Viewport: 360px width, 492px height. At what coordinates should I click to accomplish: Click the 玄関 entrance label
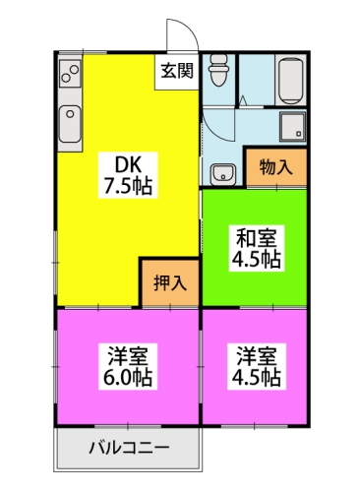click(x=177, y=71)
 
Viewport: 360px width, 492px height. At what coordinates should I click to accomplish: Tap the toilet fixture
click(x=219, y=70)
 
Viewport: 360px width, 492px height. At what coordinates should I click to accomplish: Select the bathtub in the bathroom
click(x=291, y=81)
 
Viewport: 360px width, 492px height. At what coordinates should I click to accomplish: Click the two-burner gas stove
click(x=70, y=74)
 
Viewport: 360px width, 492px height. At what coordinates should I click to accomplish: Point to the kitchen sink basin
click(x=70, y=124)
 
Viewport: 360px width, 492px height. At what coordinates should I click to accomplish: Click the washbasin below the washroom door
click(x=223, y=174)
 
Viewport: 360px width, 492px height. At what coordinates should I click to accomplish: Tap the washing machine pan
click(x=292, y=126)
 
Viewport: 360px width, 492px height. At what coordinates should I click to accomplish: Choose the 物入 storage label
click(x=275, y=167)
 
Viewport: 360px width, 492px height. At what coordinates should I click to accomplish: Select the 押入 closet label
click(x=170, y=283)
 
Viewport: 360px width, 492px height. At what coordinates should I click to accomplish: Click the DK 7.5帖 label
click(x=128, y=175)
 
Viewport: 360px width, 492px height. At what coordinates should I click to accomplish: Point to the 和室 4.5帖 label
click(x=257, y=248)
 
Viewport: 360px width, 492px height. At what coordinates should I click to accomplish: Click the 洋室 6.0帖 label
click(x=128, y=366)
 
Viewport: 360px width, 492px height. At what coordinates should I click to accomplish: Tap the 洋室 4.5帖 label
click(x=257, y=366)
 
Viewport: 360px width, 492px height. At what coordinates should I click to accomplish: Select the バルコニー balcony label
click(x=130, y=448)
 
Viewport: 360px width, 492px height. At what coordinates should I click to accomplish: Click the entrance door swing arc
click(x=190, y=27)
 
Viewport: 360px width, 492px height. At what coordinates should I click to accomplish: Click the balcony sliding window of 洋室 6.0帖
click(x=128, y=426)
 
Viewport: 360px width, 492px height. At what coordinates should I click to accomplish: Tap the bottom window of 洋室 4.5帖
click(x=255, y=426)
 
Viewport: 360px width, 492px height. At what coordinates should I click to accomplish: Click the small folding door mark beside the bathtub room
click(x=243, y=100)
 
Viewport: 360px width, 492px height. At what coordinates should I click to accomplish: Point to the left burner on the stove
click(x=66, y=78)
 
